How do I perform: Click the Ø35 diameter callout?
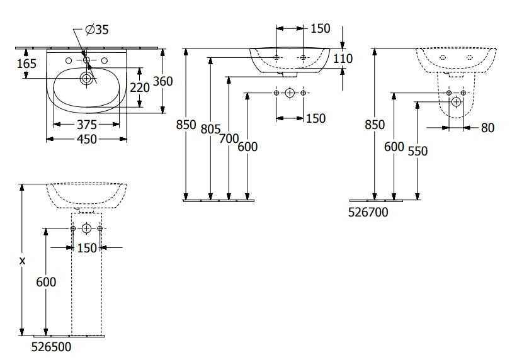coord(96,30)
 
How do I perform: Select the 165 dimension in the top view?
coord(26,64)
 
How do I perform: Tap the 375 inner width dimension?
coord(87,125)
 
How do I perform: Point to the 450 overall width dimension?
coord(87,139)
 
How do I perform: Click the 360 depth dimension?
coord(162,81)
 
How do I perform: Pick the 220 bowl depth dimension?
coord(140,87)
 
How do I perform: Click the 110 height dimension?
coord(343,59)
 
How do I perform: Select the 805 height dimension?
coord(210,129)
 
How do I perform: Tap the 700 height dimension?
coord(229,138)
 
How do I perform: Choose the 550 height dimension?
coord(418,151)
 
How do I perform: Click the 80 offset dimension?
coord(487,128)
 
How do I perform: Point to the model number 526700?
coord(368,213)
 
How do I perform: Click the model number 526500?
coord(51,347)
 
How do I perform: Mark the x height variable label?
coord(22,261)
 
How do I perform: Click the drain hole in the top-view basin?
coord(86,78)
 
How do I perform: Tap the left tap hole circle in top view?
coord(69,60)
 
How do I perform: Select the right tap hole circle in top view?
coord(105,60)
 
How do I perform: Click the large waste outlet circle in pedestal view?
coord(86,228)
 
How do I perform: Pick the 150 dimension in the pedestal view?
coord(87,248)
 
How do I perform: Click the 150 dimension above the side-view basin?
coord(321,29)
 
